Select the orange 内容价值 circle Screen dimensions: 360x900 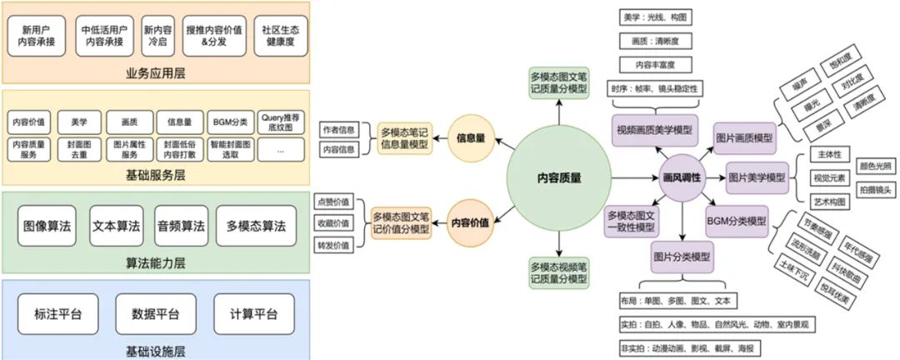point(471,223)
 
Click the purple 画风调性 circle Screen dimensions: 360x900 point(682,178)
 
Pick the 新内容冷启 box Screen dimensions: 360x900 point(158,34)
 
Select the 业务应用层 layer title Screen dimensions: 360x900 point(157,72)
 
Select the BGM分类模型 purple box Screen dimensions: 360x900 point(736,221)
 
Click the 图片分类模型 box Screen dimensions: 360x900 point(682,258)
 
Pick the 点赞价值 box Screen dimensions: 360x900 point(335,201)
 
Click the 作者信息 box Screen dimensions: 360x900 point(338,129)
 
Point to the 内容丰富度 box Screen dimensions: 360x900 point(655,64)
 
